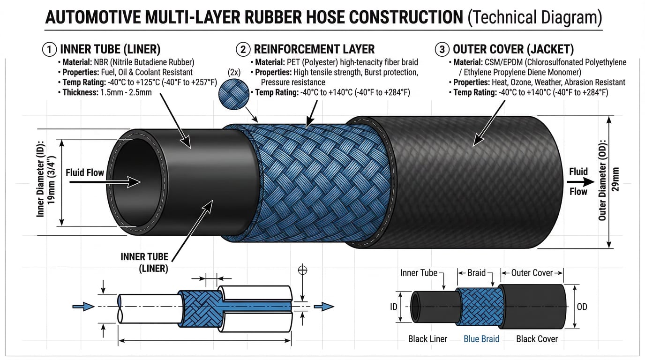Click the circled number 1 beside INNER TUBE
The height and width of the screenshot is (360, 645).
[49, 49]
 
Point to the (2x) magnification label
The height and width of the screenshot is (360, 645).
[234, 73]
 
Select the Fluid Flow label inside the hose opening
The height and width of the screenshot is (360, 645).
[85, 173]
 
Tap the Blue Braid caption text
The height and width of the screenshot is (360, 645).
[481, 339]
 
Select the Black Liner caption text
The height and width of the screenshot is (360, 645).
[427, 339]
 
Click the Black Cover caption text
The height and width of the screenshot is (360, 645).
[537, 339]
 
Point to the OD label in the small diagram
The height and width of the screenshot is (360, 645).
[582, 307]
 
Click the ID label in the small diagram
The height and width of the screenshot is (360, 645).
[394, 307]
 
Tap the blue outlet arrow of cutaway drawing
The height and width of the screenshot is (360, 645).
[324, 307]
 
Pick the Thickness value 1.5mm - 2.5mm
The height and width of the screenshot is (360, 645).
[125, 92]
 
